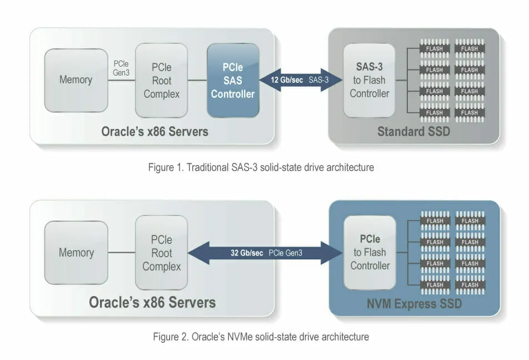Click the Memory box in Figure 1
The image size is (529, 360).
point(76,80)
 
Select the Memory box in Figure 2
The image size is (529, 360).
point(76,253)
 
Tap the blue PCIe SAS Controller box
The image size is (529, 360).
point(233,81)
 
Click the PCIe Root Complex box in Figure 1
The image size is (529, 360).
point(161,81)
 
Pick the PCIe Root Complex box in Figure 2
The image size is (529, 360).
point(161,253)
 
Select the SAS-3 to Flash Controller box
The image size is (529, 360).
point(369,80)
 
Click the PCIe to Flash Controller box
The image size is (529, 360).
point(370,252)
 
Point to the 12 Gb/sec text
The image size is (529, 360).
point(286,80)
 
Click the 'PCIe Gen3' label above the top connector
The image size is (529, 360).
point(121,68)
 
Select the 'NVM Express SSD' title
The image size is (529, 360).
point(414,304)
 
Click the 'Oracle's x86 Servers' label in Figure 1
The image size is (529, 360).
point(154,132)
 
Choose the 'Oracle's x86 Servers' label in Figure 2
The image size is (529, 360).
point(152,303)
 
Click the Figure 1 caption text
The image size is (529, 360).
point(261,167)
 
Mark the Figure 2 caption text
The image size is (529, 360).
point(261,337)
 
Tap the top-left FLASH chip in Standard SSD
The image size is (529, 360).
point(435,49)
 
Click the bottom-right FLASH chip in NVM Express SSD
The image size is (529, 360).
point(470,285)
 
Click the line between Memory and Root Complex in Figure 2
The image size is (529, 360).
point(121,253)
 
